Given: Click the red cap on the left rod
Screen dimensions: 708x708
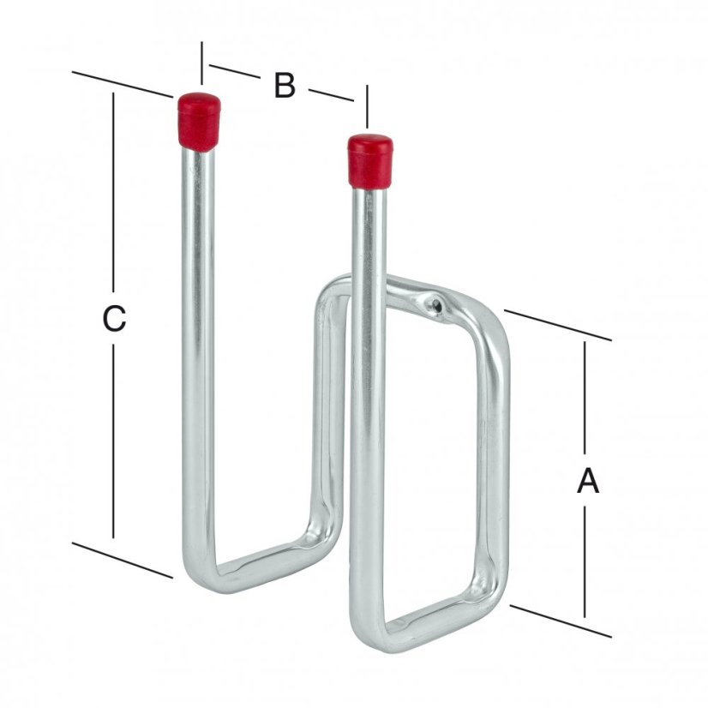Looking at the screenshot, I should point(199,121).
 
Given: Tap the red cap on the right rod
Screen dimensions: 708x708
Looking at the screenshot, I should point(369,160).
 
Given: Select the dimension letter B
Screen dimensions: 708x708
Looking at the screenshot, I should point(285,86).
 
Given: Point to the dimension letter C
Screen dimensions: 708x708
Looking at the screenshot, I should point(114,319).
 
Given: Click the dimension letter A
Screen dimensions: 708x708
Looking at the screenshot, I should point(587,482).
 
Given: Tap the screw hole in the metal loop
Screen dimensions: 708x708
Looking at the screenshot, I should point(436,304).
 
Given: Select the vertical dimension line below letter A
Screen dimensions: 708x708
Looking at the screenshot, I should point(586,557).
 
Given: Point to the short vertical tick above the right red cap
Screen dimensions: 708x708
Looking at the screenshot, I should point(367,106).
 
